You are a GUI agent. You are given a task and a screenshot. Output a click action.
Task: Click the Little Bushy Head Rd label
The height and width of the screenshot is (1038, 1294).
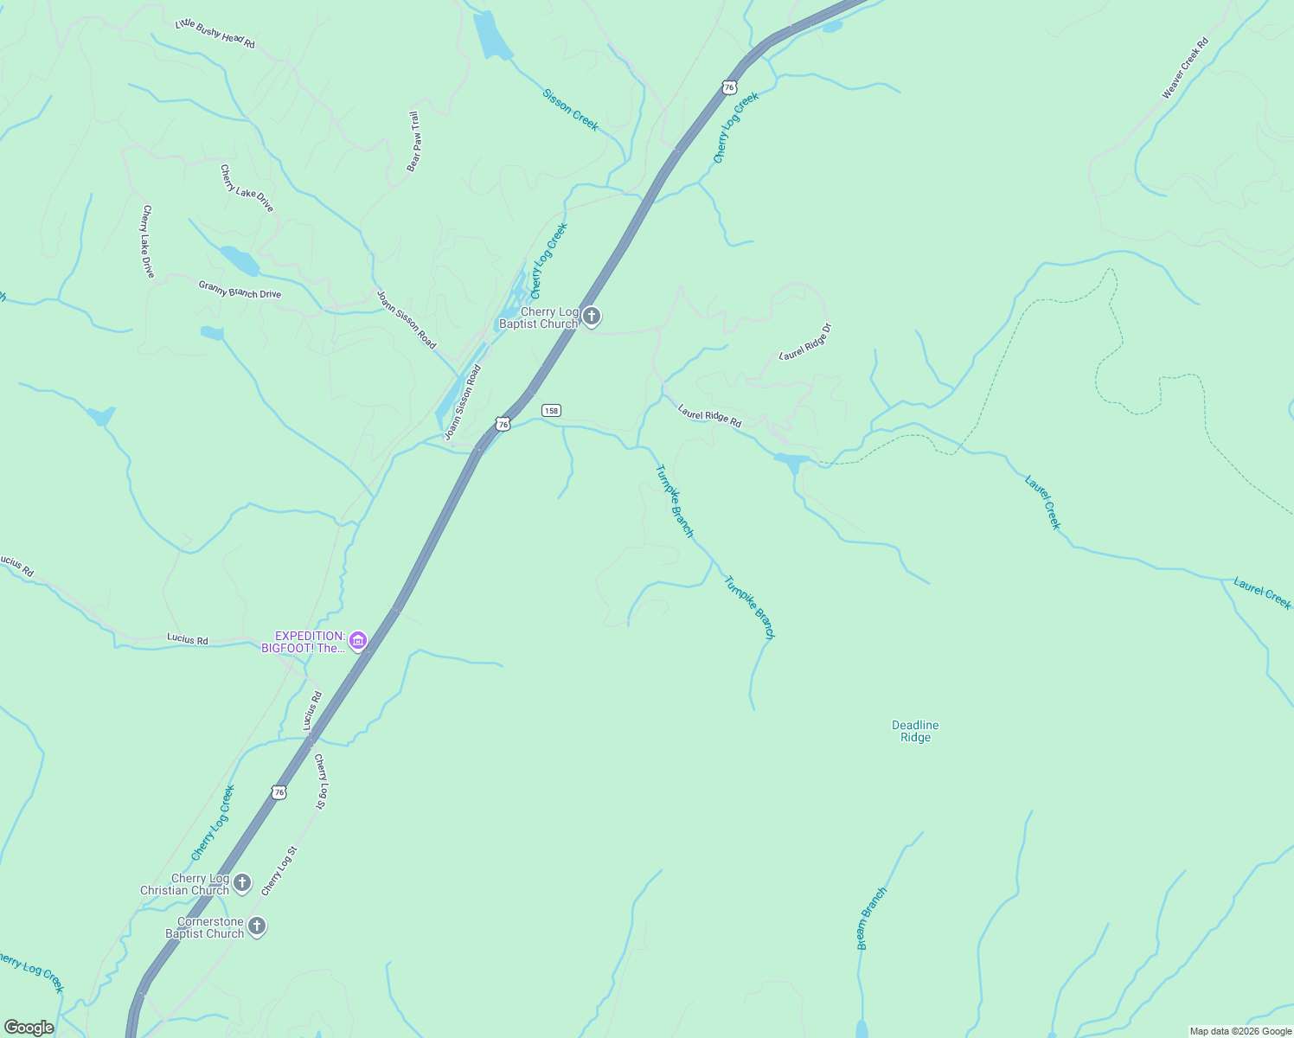click(215, 34)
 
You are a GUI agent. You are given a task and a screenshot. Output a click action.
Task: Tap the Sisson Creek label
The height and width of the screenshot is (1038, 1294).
click(570, 110)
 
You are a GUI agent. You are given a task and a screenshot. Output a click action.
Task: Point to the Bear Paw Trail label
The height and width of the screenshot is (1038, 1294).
click(414, 141)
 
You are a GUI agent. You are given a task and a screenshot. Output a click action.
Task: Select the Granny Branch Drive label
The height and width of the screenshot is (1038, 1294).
click(240, 290)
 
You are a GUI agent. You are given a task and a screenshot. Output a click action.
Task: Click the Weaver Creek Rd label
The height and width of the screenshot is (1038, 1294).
click(1184, 68)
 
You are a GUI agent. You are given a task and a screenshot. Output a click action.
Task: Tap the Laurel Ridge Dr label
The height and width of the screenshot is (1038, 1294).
click(805, 342)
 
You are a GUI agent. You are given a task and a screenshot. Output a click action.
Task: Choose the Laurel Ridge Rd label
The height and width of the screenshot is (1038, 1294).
click(710, 416)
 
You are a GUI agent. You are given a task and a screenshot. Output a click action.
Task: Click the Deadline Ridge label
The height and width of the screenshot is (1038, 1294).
click(915, 731)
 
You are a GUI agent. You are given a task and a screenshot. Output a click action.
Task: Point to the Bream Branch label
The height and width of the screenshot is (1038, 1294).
click(871, 919)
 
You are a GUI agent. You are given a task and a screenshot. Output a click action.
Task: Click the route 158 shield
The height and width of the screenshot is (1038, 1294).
click(552, 410)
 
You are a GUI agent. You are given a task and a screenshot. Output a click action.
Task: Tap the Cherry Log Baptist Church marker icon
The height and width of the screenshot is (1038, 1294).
click(592, 317)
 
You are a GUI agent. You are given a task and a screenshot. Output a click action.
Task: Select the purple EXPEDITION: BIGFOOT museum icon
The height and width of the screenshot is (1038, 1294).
click(358, 641)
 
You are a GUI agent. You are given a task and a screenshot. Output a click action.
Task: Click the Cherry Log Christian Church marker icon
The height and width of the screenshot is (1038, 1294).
click(242, 883)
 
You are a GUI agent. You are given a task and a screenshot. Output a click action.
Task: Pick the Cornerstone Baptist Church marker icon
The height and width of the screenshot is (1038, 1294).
click(256, 926)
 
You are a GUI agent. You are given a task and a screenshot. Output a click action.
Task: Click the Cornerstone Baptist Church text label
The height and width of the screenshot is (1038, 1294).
click(205, 927)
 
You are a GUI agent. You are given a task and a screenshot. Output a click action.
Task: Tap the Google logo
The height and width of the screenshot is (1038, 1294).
click(29, 1028)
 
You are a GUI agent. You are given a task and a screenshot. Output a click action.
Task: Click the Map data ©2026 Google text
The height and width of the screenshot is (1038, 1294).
click(1240, 1031)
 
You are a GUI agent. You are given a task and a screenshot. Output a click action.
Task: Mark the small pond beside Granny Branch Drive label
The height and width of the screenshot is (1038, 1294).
click(239, 259)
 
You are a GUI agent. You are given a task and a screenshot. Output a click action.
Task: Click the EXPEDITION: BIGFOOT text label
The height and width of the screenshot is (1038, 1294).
click(304, 642)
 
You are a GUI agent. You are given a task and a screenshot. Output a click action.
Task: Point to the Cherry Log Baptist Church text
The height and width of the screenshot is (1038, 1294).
click(539, 318)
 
